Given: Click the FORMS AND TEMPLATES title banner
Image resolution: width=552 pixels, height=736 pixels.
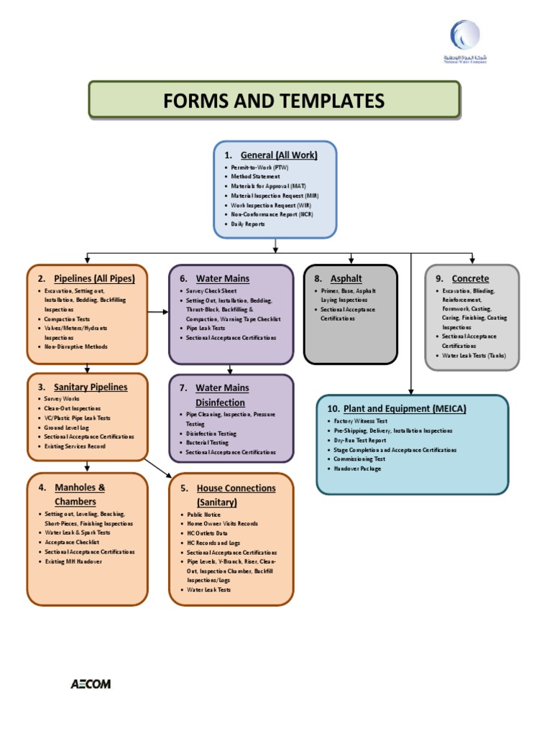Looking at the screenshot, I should (274, 100).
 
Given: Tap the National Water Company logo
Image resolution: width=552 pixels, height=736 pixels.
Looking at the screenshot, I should (464, 42).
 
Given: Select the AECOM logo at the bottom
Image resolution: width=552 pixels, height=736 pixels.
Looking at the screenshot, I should (91, 684).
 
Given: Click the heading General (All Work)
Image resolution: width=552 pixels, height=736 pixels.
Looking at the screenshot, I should (278, 155).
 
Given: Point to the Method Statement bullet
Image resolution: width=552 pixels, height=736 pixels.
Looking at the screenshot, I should (255, 176).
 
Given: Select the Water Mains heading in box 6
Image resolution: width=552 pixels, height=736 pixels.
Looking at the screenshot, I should (223, 278).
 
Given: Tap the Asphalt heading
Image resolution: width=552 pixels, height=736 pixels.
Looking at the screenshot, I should (346, 278).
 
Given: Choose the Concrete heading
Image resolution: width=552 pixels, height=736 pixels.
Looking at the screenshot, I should (470, 278).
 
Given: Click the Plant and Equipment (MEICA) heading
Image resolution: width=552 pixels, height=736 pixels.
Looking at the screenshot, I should (405, 408).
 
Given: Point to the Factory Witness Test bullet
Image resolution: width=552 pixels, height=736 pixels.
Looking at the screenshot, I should (361, 421).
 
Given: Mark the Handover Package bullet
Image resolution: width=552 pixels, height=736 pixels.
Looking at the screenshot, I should (358, 469).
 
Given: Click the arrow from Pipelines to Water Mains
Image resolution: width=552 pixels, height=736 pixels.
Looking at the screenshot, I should (158, 312).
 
